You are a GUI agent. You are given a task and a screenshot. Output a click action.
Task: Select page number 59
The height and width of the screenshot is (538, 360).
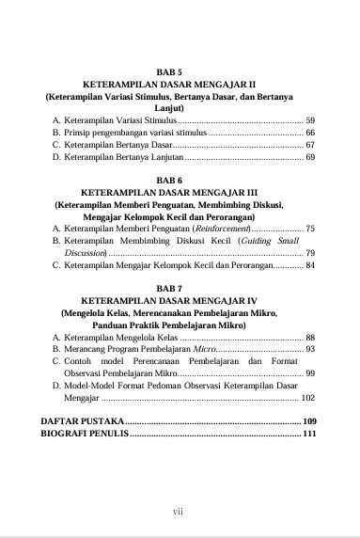tap(310, 121)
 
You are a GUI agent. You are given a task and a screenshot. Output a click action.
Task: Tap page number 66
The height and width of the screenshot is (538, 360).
tap(310, 134)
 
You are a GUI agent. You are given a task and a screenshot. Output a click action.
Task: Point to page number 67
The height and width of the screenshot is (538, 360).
tap(310, 146)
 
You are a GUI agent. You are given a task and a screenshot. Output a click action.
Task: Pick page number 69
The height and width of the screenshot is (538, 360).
tap(310, 158)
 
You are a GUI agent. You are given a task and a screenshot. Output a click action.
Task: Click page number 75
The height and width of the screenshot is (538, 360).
tap(310, 229)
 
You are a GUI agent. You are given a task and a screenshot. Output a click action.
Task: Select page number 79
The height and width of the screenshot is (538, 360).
tap(310, 253)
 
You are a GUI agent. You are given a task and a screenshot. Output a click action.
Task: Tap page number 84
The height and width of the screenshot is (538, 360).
tap(310, 265)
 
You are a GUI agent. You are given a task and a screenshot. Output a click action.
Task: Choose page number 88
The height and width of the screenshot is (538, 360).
tap(310, 337)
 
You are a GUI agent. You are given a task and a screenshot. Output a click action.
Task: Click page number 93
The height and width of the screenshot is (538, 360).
tap(310, 349)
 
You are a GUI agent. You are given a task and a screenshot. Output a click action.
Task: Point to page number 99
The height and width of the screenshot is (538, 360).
tap(310, 373)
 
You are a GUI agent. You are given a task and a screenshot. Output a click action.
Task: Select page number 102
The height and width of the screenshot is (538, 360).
tap(308, 398)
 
